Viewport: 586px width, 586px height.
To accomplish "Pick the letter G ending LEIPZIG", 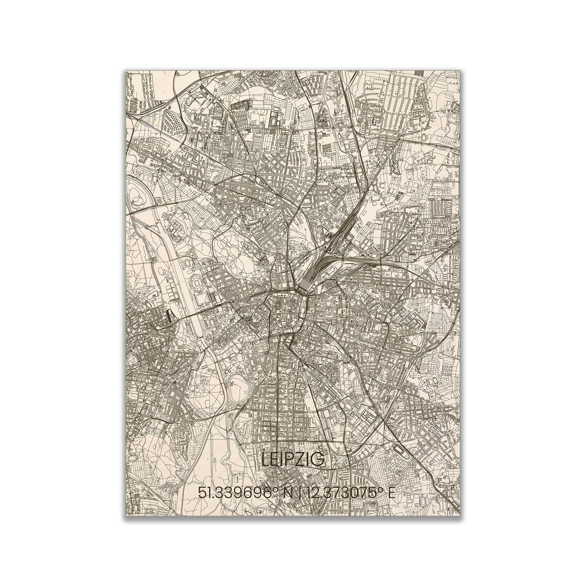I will pyautogui.click(x=317, y=460).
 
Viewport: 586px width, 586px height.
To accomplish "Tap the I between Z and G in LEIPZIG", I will pyautogui.click(x=308, y=460).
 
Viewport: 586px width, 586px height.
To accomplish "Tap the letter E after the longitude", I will pyautogui.click(x=392, y=493).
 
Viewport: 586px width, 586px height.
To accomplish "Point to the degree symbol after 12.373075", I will pyautogui.click(x=381, y=489).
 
